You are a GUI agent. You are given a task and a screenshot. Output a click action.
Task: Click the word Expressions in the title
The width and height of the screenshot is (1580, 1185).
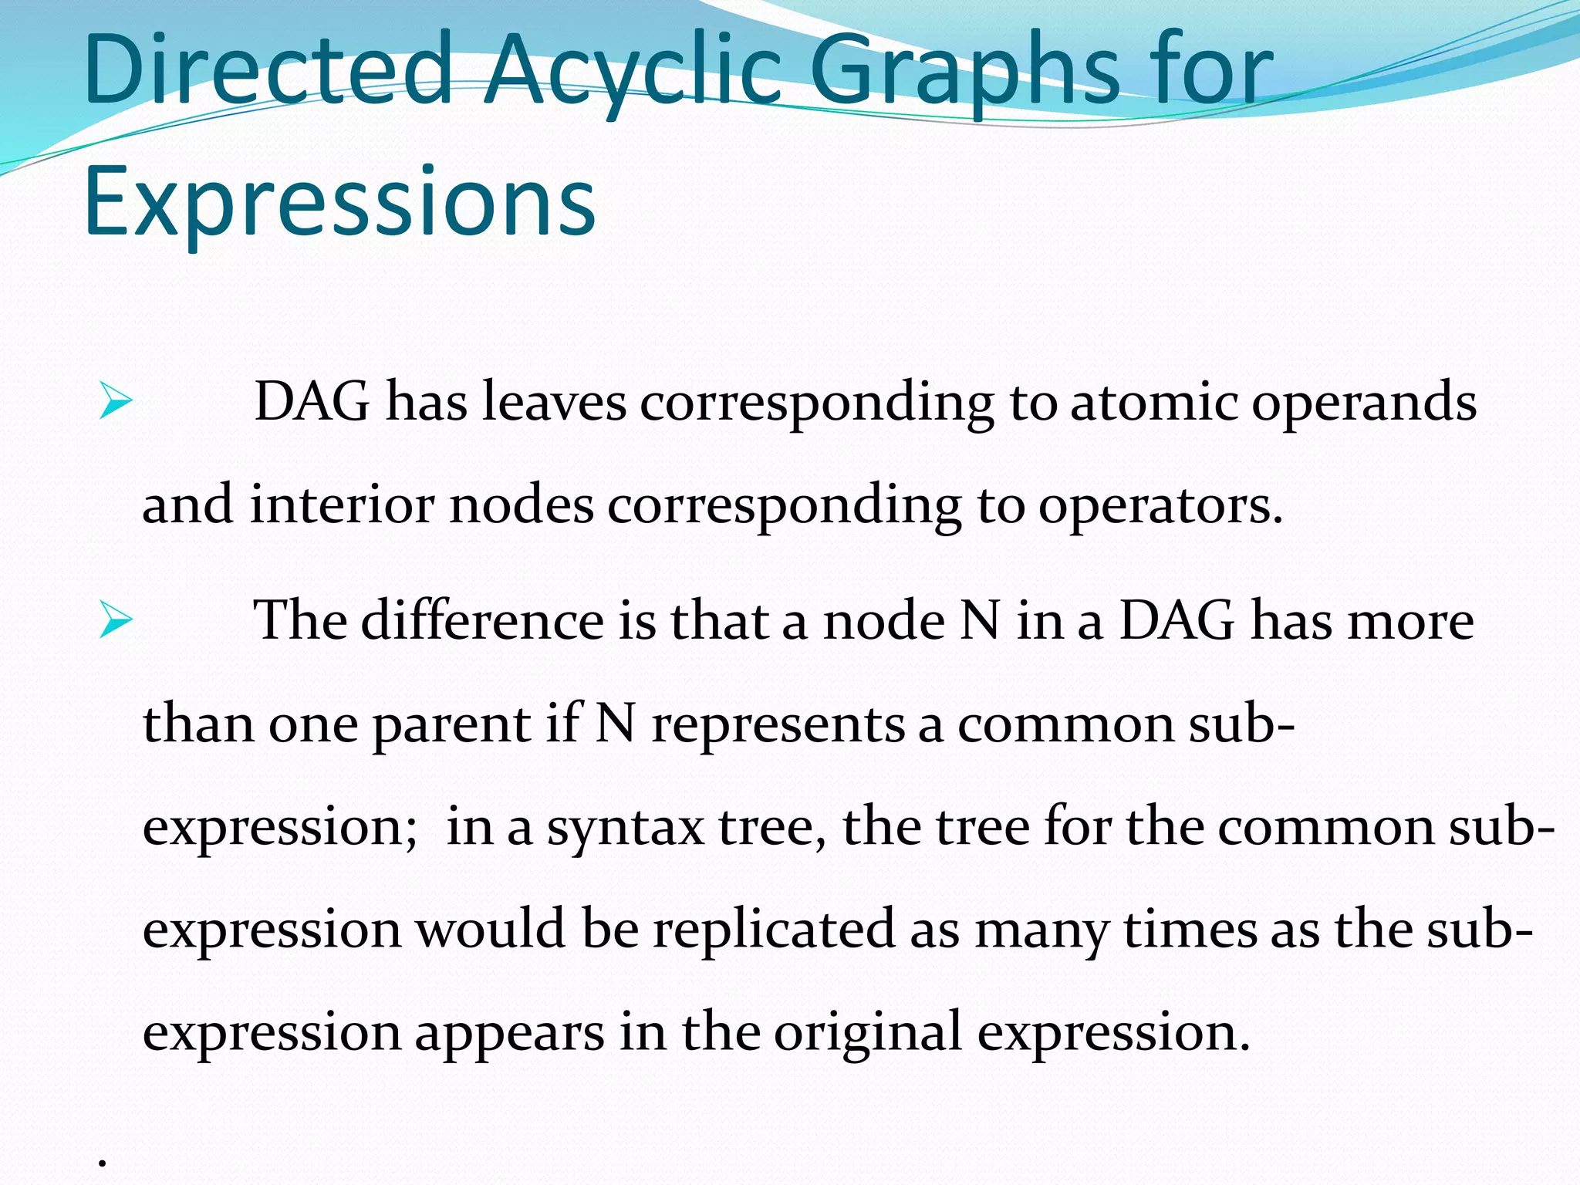(x=339, y=202)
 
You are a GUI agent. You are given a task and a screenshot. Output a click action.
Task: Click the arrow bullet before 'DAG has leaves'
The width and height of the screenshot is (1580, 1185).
(x=116, y=403)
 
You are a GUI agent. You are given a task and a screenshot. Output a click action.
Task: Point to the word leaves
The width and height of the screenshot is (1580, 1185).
(x=554, y=403)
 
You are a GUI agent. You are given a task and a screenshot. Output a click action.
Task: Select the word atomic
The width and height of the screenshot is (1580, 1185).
(x=1153, y=403)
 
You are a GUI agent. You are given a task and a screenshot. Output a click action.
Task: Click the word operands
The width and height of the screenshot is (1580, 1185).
(x=1363, y=403)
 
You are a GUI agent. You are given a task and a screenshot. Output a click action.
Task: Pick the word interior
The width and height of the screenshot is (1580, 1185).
(x=342, y=506)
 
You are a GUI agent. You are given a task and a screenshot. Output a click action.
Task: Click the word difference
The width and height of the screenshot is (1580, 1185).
(x=482, y=621)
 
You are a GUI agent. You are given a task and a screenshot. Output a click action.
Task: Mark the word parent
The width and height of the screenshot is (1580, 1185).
(x=452, y=725)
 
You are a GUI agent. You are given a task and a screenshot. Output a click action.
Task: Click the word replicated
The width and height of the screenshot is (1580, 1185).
(x=775, y=929)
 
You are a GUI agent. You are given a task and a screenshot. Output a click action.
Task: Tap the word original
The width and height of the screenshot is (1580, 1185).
(x=868, y=1032)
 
